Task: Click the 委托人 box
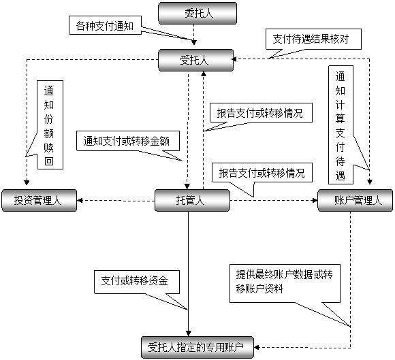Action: tap(197, 14)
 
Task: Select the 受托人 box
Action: tap(195, 60)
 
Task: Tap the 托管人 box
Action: tap(192, 200)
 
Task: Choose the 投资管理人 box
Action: tap(39, 200)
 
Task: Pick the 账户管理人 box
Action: tap(355, 200)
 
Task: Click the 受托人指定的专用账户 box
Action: tap(197, 348)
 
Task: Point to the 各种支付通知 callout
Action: tap(105, 25)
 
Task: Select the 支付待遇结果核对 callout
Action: tap(313, 39)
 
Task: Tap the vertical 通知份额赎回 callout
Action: tap(50, 125)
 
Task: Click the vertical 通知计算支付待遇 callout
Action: tap(341, 125)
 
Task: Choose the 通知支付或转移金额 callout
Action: tap(128, 141)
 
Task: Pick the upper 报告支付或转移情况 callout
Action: tap(261, 113)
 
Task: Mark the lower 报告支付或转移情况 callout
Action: tap(262, 173)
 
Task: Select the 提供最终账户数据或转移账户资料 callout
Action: tap(285, 283)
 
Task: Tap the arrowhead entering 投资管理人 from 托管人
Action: tap(80, 200)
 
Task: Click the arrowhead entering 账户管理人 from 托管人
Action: tap(315, 200)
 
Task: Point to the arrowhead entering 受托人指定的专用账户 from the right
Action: tap(257, 348)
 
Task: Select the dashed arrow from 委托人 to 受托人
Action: tap(193, 35)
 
